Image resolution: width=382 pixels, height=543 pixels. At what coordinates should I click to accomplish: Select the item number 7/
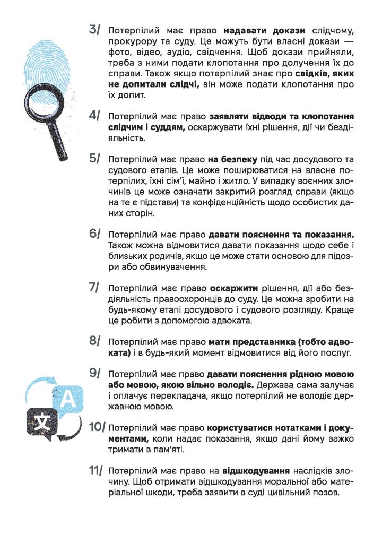(x=96, y=287)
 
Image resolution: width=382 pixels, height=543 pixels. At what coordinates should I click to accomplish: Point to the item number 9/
(x=96, y=373)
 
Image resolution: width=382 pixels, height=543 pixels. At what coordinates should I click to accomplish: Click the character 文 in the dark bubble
(x=41, y=420)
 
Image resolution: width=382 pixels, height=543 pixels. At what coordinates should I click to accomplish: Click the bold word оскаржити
(x=234, y=288)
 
